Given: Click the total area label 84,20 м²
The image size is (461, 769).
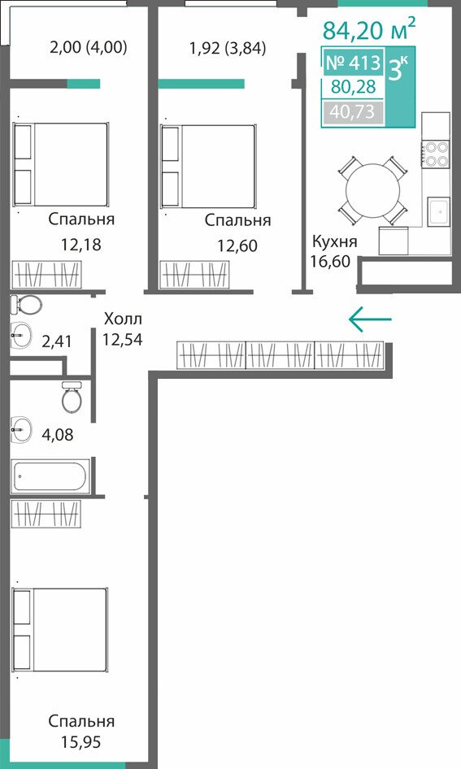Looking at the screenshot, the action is tap(369, 28).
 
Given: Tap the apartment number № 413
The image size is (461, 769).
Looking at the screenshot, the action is tap(353, 63).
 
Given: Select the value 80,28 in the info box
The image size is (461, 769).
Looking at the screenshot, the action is tap(353, 87).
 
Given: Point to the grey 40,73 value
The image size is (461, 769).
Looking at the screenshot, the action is tap(352, 112).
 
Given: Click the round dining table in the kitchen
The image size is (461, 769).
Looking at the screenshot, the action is tap(372, 191).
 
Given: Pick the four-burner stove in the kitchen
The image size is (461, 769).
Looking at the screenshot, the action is tap(436, 154).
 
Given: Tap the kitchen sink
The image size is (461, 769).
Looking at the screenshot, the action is tap(438, 211).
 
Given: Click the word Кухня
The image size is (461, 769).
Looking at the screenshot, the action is tap(335, 241).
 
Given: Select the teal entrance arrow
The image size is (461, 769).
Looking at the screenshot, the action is tap(370, 319).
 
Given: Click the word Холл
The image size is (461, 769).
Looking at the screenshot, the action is tap(123, 319).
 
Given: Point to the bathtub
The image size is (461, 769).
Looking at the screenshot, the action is tap(50, 475).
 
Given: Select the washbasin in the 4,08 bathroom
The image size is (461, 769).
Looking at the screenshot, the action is tap(21, 430).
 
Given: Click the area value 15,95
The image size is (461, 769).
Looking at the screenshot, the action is tap(81, 741).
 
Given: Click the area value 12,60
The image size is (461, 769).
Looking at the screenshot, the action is tap(238, 245).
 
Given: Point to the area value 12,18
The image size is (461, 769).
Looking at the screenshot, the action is tap(81, 244).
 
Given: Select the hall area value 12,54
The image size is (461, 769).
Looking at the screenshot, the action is tap(123, 339).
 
